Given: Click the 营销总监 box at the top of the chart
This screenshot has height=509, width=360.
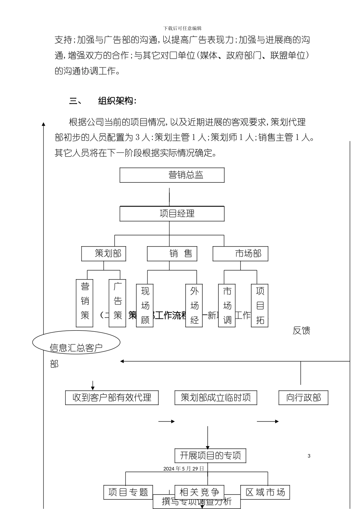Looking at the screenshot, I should [172, 175].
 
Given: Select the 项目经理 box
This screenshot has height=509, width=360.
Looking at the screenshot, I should [172, 214].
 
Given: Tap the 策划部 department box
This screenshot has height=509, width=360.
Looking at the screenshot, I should [103, 254].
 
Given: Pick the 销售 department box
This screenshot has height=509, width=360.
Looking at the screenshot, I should [172, 254].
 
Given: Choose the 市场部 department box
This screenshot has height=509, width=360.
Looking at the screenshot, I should [240, 254].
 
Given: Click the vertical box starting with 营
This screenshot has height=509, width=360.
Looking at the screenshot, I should [85, 303].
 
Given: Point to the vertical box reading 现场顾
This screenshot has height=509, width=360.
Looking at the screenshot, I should [145, 305].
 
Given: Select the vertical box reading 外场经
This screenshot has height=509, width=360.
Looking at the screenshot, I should [194, 305].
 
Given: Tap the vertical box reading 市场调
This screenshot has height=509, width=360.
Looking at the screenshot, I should [227, 305].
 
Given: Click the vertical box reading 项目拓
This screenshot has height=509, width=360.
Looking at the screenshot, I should [260, 305].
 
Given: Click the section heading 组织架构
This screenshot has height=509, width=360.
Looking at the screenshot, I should [117, 101].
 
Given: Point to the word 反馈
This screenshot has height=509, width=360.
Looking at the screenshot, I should [301, 331].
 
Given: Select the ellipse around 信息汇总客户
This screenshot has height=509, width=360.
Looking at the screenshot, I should [76, 343].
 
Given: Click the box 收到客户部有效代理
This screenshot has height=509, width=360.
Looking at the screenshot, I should [112, 398].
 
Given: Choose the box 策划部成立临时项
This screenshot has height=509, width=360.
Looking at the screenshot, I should [216, 398].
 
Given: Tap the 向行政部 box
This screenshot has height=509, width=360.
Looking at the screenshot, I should [304, 398].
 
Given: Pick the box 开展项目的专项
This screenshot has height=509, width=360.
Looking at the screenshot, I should [210, 455].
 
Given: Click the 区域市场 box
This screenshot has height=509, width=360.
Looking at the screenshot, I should [265, 492].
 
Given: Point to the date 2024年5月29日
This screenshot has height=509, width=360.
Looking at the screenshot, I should [184, 468].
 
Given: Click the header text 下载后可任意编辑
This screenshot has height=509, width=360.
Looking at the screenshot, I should [182, 28].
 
